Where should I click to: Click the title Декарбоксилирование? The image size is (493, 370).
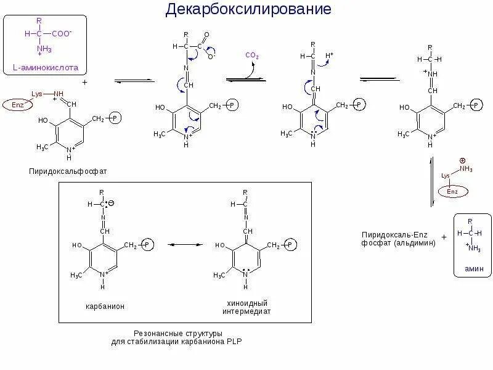point(248,10)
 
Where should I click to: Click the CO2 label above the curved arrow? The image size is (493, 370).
point(253,55)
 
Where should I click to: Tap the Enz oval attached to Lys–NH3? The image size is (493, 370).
point(453,192)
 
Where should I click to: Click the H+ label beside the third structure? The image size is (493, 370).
point(330,55)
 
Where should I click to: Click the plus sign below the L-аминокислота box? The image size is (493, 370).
point(84,81)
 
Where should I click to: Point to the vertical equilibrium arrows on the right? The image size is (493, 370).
point(431,181)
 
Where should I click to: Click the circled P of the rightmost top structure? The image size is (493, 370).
point(476,106)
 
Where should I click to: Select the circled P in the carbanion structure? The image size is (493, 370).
point(148,245)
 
